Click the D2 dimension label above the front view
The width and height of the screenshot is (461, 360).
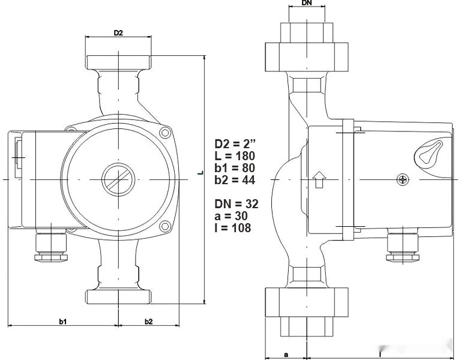[118, 32]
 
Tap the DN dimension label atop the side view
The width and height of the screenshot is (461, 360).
[306, 3]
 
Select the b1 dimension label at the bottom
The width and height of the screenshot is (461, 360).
[62, 322]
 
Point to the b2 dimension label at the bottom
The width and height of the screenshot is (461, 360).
[148, 322]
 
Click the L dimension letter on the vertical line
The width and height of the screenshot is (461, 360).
[200, 174]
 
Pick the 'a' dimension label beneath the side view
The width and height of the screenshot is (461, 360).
[286, 355]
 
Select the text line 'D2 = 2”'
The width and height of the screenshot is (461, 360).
[235, 144]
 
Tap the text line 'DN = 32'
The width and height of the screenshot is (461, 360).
[237, 204]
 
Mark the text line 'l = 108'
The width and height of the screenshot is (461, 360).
[233, 228]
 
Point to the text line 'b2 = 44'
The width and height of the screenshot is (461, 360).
[235, 180]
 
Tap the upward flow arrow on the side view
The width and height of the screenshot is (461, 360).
[319, 179]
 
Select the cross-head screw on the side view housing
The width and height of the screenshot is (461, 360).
[403, 179]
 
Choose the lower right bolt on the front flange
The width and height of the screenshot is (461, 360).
[165, 226]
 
